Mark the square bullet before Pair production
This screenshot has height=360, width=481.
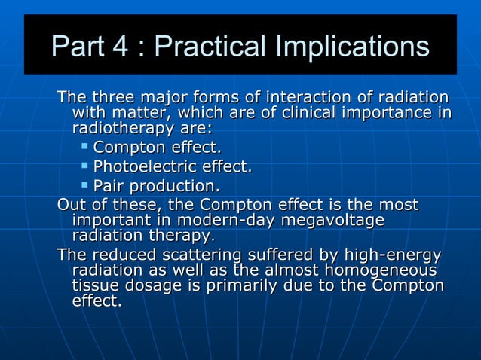[x=85, y=184]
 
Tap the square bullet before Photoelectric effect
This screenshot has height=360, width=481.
[x=85, y=165]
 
